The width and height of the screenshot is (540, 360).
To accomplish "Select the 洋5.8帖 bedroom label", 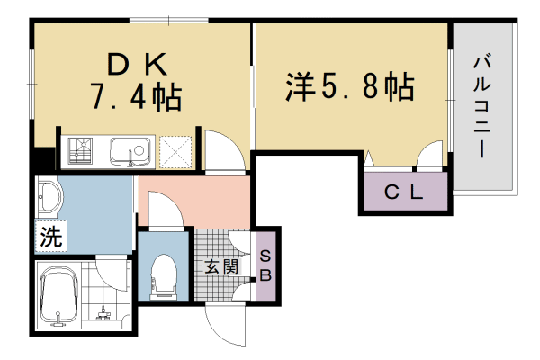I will (350, 86).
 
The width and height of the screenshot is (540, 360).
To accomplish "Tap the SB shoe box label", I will (265, 265).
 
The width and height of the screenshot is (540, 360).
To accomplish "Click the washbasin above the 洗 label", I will (49, 197).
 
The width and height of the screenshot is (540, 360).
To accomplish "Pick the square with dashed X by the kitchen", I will (177, 151).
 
